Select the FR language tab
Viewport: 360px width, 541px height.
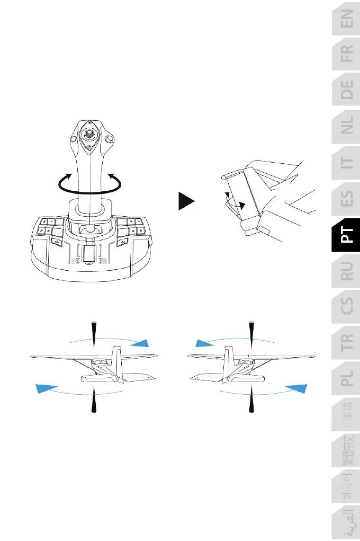point(346,60)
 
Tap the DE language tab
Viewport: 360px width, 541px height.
point(346,97)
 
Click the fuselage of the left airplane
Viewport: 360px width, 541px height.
point(101,366)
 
